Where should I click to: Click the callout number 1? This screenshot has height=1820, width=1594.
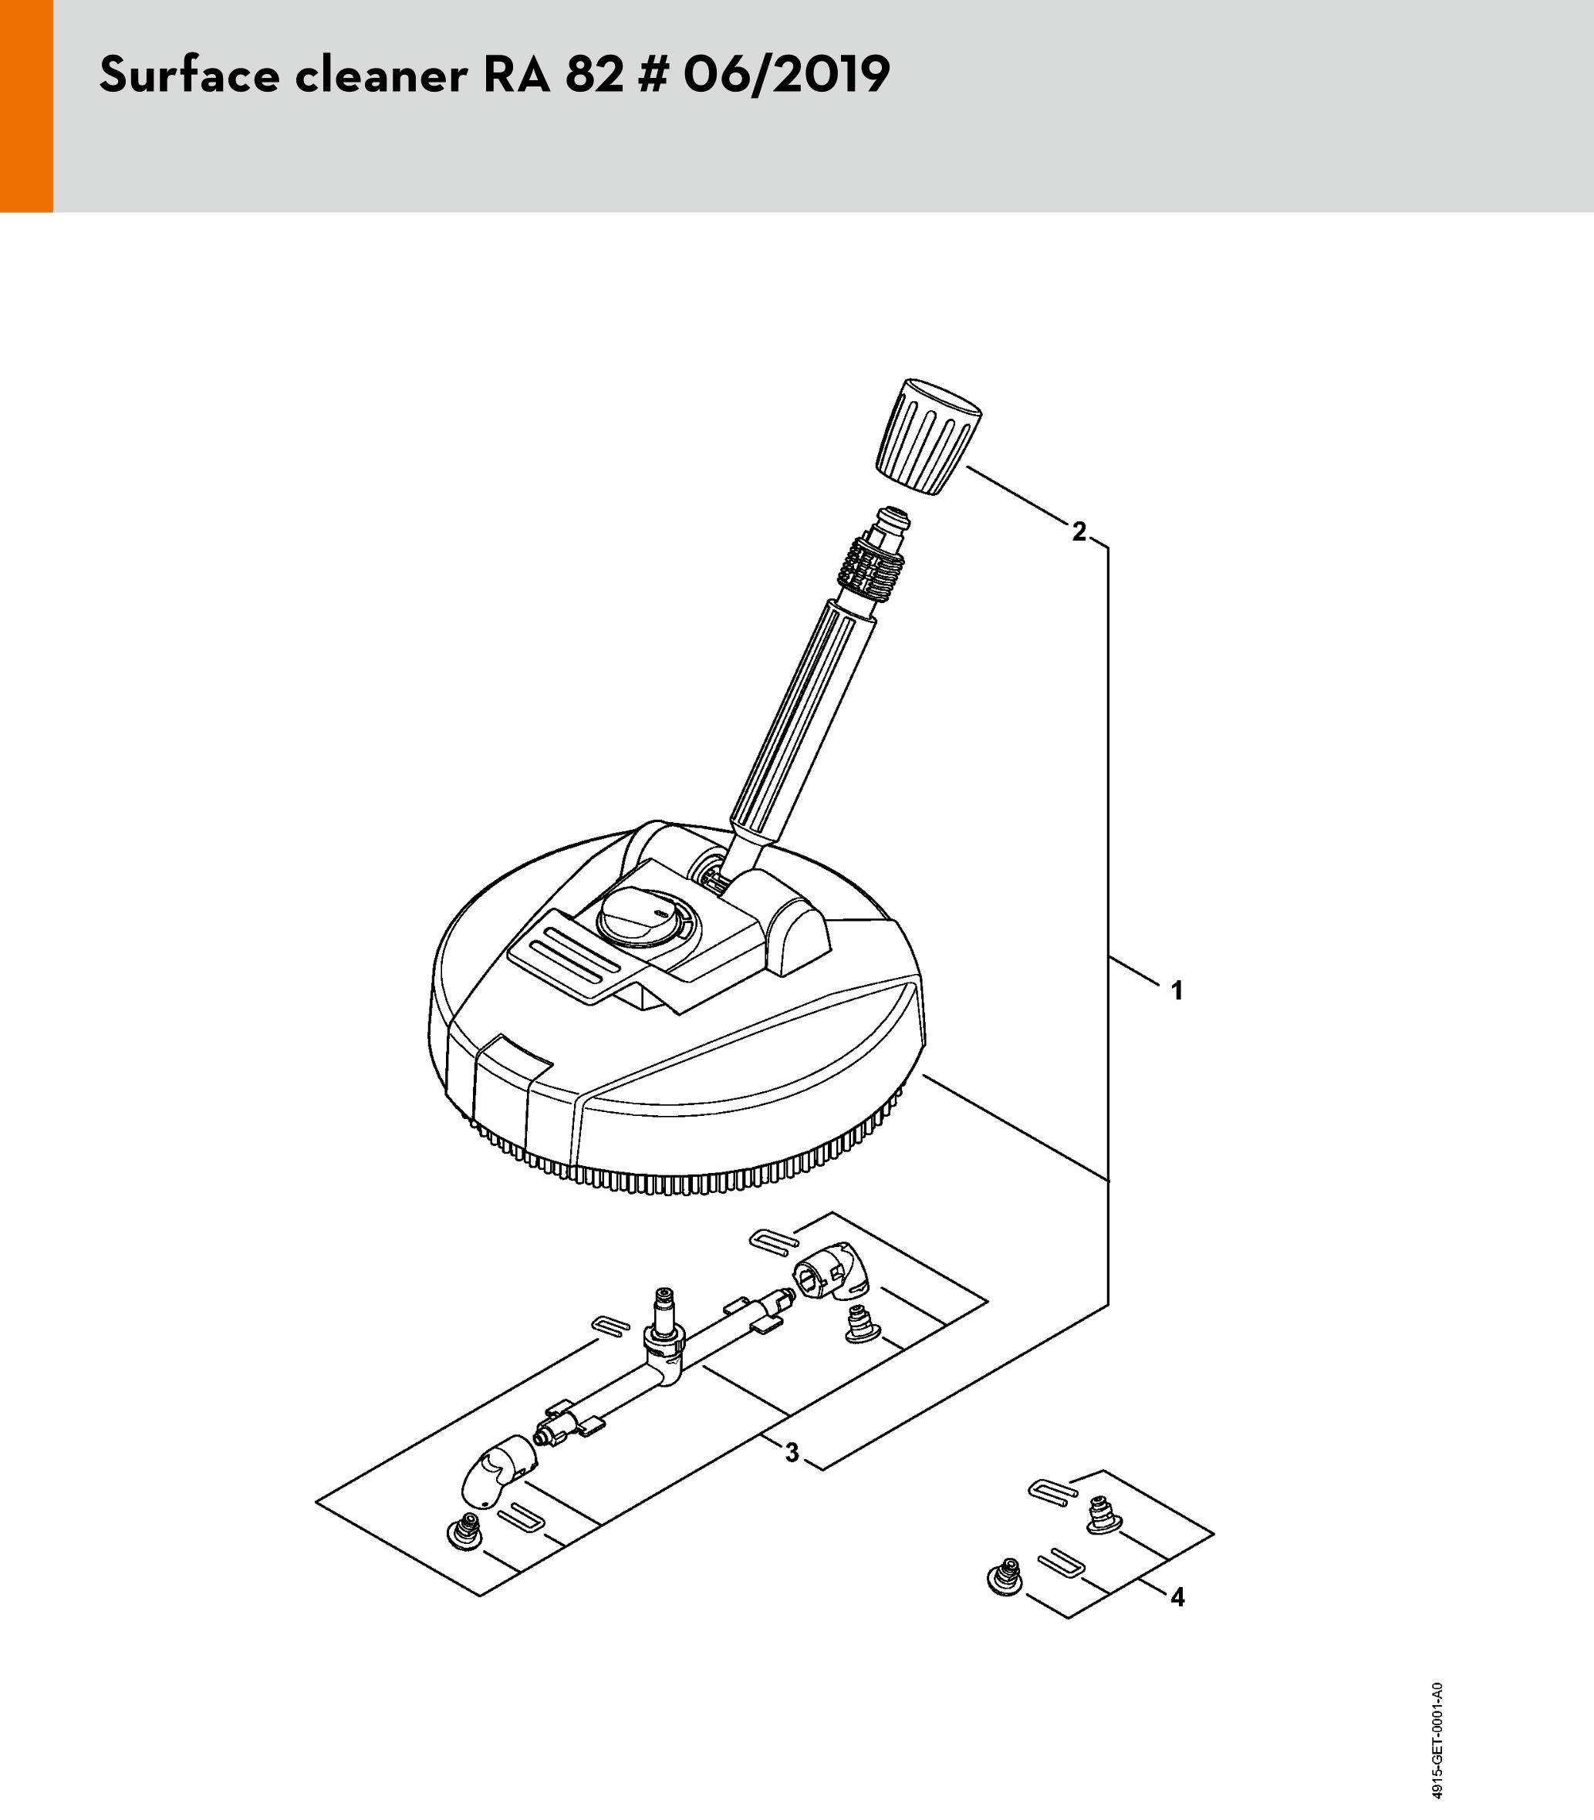click(1177, 990)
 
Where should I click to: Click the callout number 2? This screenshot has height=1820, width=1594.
click(1079, 531)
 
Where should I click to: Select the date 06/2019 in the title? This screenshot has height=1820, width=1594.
click(786, 75)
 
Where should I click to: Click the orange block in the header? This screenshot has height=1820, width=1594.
click(27, 106)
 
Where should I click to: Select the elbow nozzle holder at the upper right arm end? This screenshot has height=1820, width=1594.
click(826, 1272)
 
